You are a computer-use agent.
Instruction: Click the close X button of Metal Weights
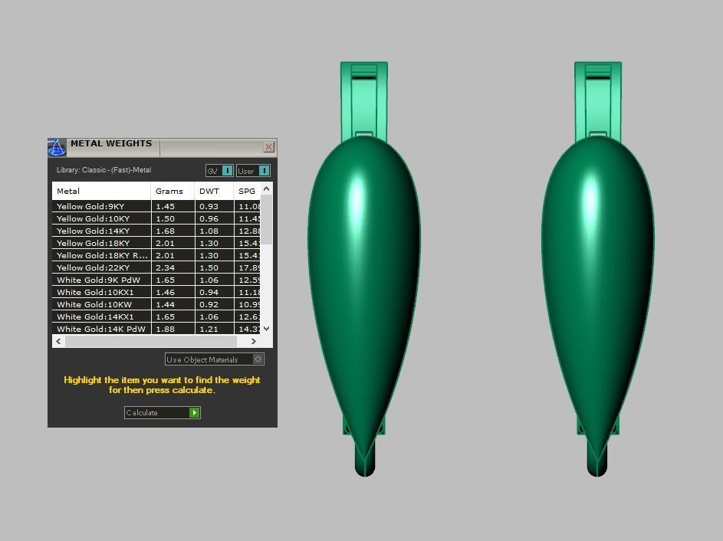coord(268,146)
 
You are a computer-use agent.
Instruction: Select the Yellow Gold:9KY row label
coord(90,207)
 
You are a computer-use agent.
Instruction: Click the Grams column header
coord(169,191)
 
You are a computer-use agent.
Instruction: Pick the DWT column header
coord(209,191)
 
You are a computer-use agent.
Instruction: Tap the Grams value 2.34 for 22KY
coord(165,268)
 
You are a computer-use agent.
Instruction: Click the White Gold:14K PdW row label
coord(100,330)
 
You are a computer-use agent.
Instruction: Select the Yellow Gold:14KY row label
coord(93,231)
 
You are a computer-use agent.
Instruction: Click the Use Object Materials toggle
coord(258,359)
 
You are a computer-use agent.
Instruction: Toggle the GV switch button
coord(227,171)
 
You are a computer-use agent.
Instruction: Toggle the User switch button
coord(264,171)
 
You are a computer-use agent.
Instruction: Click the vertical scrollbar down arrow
coord(266,329)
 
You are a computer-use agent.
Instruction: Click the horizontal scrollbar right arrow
coord(254,341)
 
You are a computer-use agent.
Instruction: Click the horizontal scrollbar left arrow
coord(59,341)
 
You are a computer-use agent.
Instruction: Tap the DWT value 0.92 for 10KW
coord(209,305)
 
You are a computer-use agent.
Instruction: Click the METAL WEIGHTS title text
coord(111,143)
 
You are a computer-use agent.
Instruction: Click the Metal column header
coord(68,191)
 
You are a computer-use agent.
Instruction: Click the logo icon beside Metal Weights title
coord(57,147)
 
